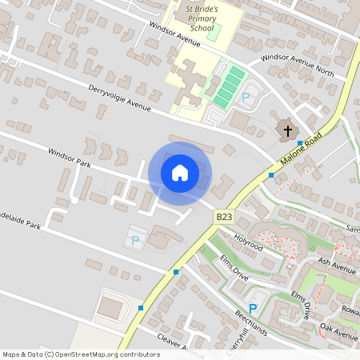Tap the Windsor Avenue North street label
tap(292, 66)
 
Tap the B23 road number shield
tap(224, 217)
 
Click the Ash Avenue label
tap(336, 265)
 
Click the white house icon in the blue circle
tap(180, 173)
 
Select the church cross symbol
tap(286, 130)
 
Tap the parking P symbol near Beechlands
tap(253, 309)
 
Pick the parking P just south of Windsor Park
tap(134, 239)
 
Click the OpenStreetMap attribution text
tap(81, 354)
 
